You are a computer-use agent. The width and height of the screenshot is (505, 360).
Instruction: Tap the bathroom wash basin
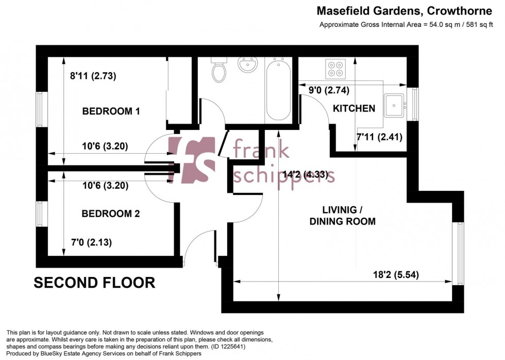(x=248, y=65)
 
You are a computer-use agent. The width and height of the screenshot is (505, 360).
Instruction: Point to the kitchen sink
(x=395, y=106)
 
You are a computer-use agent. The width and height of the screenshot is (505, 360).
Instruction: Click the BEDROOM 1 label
(x=111, y=111)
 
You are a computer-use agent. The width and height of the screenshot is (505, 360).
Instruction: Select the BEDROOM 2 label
(x=111, y=214)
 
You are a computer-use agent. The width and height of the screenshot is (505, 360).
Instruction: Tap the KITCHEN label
(x=354, y=108)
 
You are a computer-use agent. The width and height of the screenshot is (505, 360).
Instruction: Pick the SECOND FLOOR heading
(x=94, y=283)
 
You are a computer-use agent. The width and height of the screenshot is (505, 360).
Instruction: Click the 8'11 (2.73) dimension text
(x=93, y=76)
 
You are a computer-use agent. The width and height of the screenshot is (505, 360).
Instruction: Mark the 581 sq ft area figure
(x=482, y=24)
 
